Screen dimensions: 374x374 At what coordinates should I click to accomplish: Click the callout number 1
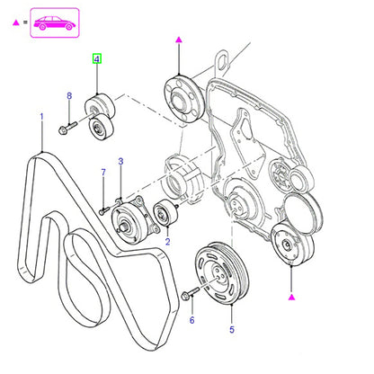click(x=41, y=117)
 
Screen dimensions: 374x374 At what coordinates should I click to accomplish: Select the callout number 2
click(x=167, y=242)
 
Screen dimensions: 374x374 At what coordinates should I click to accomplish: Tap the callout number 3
click(x=120, y=162)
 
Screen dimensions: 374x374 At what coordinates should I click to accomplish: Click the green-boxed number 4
click(x=97, y=59)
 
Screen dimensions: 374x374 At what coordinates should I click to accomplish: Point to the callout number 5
click(x=232, y=330)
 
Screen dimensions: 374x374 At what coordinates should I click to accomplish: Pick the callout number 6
click(x=191, y=320)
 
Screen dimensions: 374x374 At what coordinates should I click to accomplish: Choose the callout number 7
click(x=103, y=173)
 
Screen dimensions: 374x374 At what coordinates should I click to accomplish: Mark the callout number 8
click(x=69, y=96)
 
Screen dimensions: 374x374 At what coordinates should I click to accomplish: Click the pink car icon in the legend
click(x=54, y=23)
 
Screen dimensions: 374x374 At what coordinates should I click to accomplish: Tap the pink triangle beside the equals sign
click(x=16, y=22)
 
